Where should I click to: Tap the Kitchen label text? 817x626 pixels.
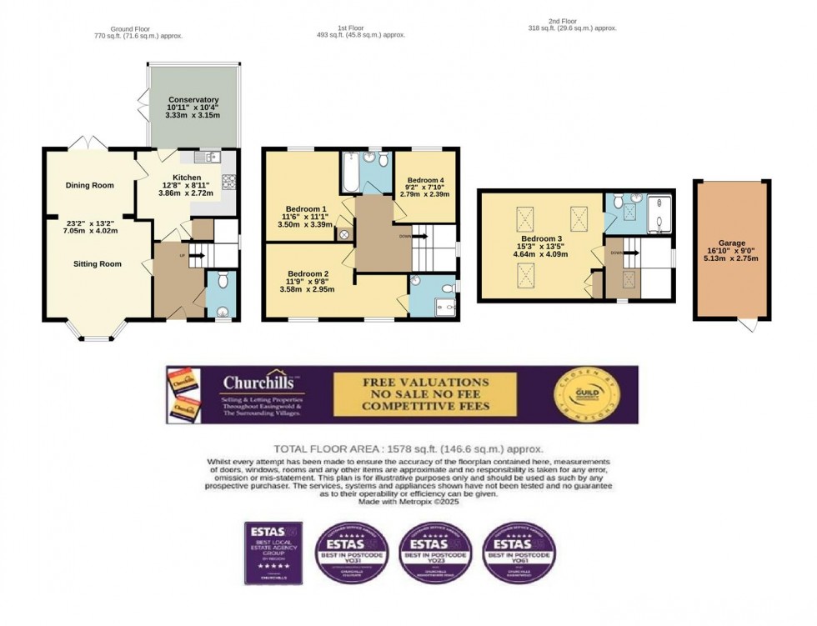186,178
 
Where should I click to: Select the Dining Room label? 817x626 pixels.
89,185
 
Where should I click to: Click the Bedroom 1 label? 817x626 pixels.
307,208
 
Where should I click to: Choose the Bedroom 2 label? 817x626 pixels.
308,273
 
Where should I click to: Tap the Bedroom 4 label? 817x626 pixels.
425,178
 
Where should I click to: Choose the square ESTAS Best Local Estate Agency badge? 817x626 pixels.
273,553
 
